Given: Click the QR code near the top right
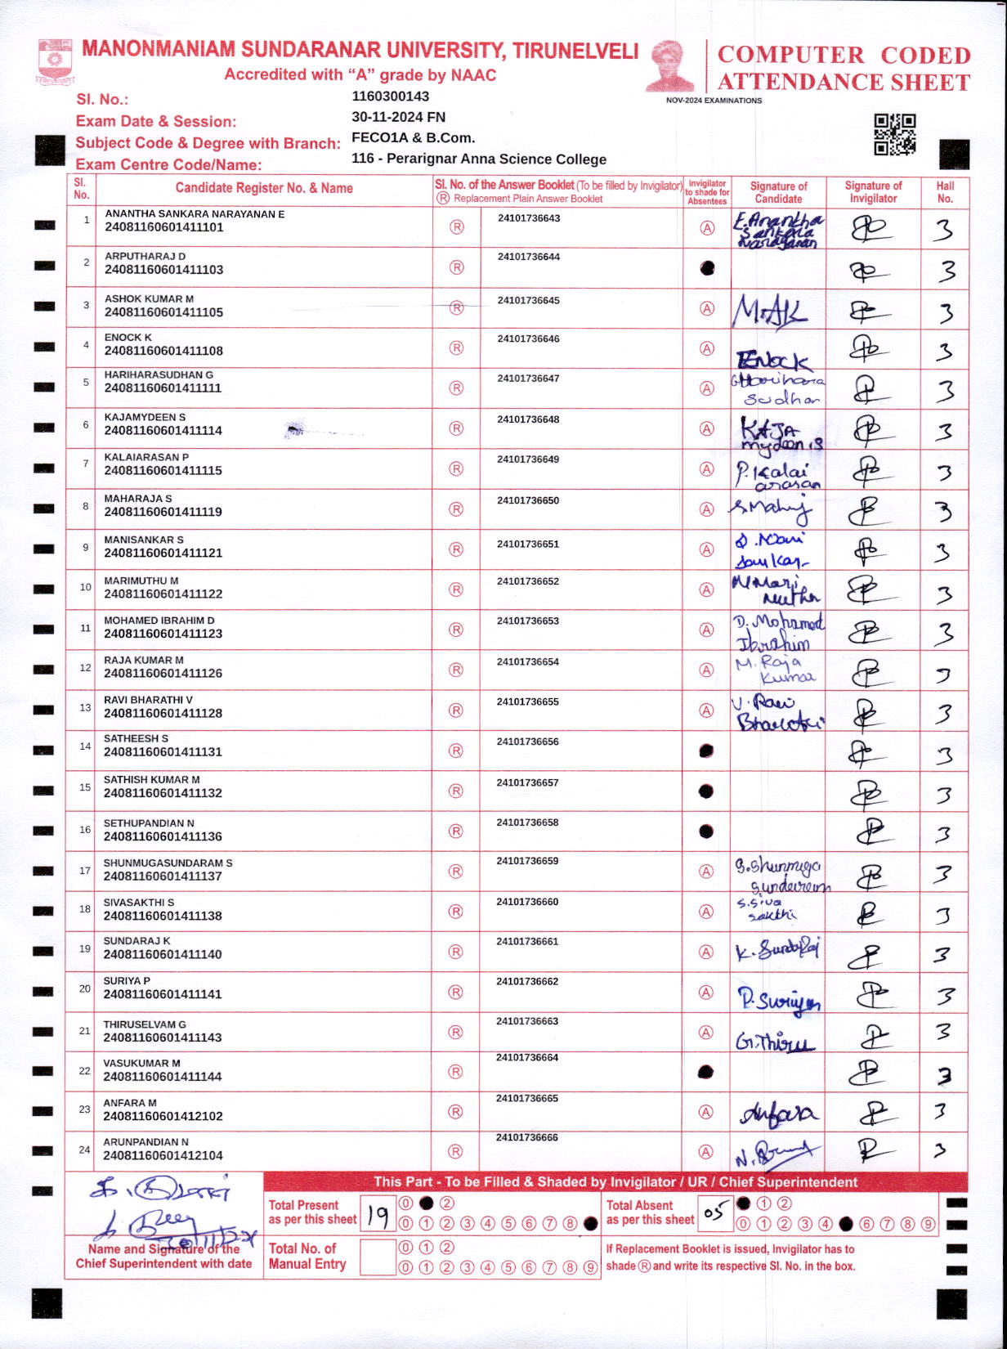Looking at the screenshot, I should point(894,134).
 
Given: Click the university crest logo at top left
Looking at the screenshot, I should point(56,61).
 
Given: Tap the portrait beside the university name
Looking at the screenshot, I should point(670,65).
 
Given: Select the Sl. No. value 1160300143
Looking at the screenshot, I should point(390,96).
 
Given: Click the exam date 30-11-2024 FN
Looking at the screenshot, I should point(398,117).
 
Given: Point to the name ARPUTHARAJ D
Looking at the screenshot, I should point(145,256).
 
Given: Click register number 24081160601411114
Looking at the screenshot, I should point(163,431).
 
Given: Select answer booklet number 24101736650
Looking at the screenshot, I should point(527,500).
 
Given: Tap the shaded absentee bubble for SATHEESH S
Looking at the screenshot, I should point(707,751).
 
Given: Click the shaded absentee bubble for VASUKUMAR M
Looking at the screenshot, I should point(707,1072).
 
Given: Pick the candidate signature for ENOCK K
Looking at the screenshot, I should point(773,359).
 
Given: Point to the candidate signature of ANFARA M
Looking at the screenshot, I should point(777,1114).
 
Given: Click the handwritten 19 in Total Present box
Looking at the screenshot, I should point(378,1216).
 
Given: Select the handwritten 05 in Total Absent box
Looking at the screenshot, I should point(714,1213).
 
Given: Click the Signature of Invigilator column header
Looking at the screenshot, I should point(873,192).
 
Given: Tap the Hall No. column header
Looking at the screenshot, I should point(945,192).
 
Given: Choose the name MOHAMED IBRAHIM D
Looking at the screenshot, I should point(159,621).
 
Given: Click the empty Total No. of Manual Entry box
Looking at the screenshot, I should point(378,1257).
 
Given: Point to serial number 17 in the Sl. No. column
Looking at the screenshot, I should point(85,871).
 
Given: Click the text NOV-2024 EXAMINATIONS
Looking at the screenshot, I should point(714,101).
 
